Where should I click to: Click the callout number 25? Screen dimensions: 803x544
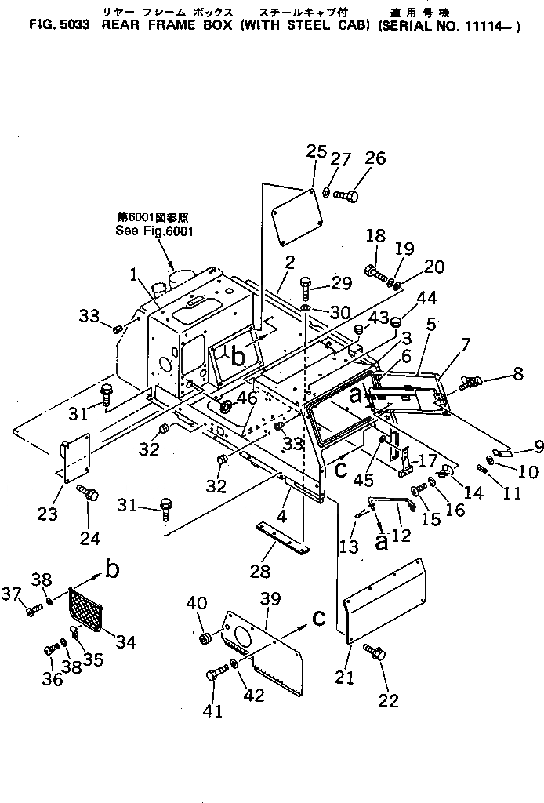click(x=317, y=152)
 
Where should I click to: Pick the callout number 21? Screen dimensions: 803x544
click(x=346, y=676)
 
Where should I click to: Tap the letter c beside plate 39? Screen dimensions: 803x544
click(x=317, y=618)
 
